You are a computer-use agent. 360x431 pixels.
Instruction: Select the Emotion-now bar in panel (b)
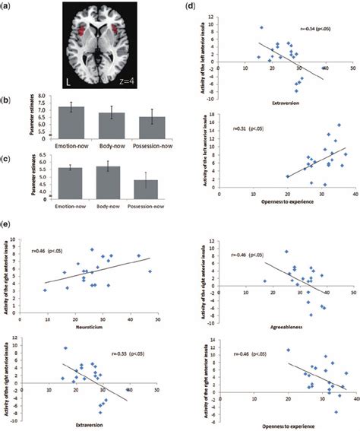(x=71, y=121)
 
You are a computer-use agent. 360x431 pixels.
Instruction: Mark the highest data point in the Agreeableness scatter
(x=286, y=252)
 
